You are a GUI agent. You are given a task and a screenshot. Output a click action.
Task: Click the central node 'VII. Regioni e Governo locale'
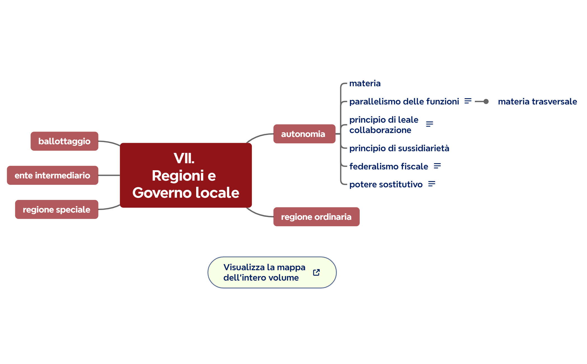click(186, 175)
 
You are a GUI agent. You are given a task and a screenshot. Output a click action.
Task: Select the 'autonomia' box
click(304, 134)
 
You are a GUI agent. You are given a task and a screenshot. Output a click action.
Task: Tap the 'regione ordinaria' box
click(316, 217)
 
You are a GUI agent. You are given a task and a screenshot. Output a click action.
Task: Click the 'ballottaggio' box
click(64, 141)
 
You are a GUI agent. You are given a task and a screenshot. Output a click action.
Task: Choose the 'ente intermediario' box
click(52, 175)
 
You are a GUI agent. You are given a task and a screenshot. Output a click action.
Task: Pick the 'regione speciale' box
click(57, 209)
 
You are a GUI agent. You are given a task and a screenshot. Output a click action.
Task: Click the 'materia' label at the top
click(365, 83)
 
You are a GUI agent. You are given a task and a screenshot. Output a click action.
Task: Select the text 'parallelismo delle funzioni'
click(404, 101)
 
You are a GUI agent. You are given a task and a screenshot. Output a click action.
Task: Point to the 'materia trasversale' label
click(537, 101)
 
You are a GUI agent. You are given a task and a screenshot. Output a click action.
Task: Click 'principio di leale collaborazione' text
click(384, 125)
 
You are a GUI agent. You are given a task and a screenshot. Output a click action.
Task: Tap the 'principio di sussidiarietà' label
click(399, 148)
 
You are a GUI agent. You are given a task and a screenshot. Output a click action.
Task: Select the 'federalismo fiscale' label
click(389, 166)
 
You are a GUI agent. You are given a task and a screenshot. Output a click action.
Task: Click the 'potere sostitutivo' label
click(386, 184)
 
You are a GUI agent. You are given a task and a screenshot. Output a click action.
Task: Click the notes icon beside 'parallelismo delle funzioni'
click(468, 101)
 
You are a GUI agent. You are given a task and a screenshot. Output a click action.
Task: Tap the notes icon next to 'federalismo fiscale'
click(437, 166)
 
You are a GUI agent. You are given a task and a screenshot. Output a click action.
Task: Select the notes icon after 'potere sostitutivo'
click(431, 184)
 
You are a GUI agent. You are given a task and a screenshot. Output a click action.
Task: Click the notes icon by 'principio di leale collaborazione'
click(429, 124)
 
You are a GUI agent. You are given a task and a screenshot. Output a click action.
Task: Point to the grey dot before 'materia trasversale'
click(486, 101)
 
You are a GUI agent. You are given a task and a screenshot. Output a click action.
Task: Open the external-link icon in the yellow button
click(316, 272)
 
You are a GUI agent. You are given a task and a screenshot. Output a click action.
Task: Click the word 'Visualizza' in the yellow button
click(244, 267)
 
